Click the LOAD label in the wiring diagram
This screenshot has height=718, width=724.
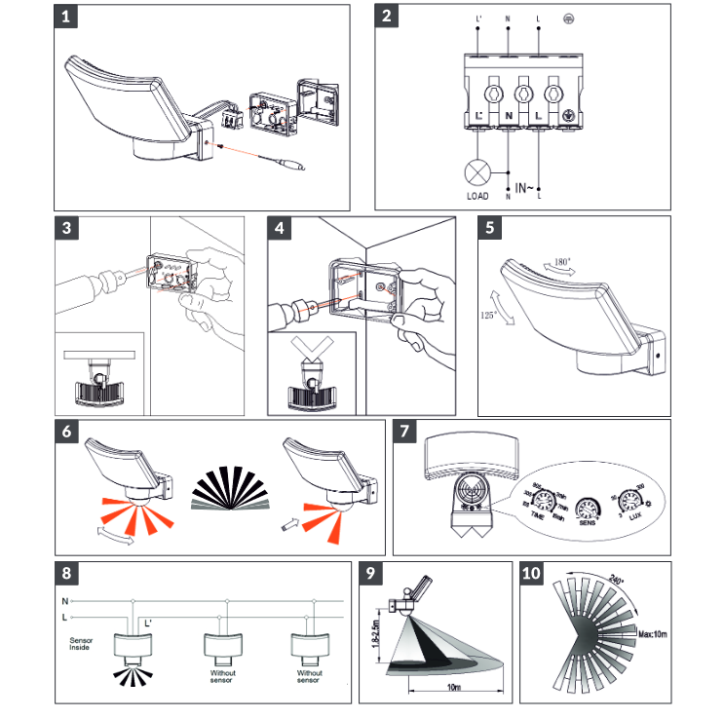(478, 197)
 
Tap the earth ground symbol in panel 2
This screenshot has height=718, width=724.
(568, 19)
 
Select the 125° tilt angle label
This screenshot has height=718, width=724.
(490, 316)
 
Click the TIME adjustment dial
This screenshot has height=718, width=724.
(548, 503)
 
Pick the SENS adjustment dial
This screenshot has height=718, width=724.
(588, 509)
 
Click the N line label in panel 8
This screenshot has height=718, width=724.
(65, 601)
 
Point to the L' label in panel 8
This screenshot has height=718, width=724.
(148, 622)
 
